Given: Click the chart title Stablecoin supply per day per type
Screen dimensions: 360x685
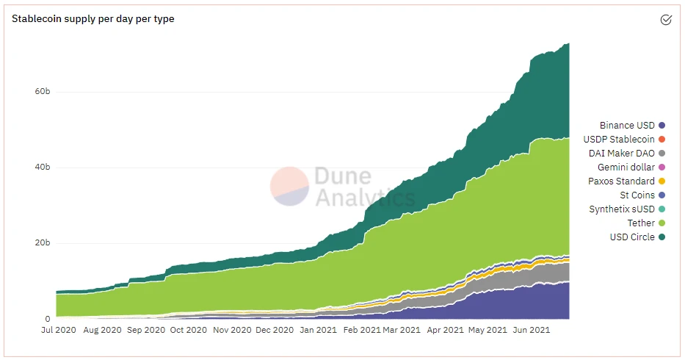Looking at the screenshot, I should [x=93, y=18].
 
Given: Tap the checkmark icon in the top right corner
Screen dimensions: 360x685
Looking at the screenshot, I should [x=666, y=20].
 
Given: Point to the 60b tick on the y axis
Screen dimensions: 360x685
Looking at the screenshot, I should [x=42, y=92].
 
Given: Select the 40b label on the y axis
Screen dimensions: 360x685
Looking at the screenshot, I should [x=42, y=168].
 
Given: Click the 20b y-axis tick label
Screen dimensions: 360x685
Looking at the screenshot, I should [x=42, y=243].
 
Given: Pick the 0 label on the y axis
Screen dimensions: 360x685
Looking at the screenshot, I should [x=47, y=319].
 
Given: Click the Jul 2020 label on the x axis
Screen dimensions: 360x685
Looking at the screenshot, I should [x=56, y=331].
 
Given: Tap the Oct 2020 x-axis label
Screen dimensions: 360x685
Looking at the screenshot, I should [x=187, y=331].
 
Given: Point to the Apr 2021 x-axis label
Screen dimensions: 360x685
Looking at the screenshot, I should [x=446, y=331].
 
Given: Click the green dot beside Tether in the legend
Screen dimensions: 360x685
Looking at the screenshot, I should [x=662, y=223].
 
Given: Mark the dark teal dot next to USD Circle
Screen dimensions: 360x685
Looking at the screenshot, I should [x=662, y=237].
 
